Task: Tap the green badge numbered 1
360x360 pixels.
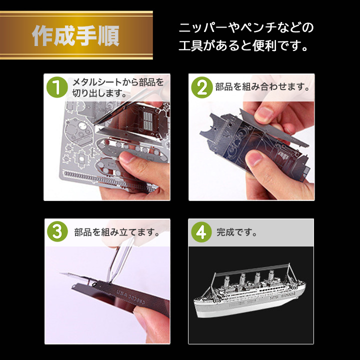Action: (x=56, y=87)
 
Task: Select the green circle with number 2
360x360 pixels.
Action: (x=202, y=87)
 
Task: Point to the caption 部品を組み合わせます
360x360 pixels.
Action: (x=260, y=87)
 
